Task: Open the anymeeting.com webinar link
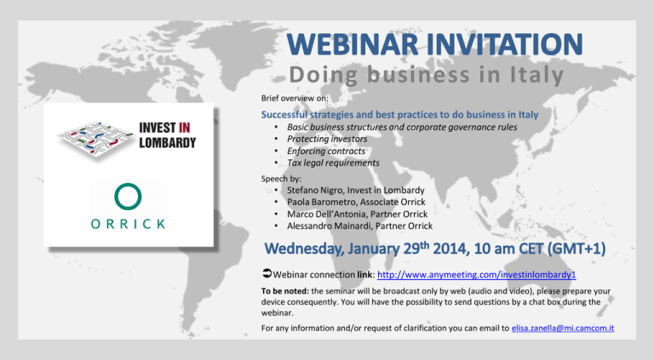click(476, 275)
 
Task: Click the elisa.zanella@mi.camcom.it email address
click(563, 328)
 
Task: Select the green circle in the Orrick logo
click(128, 197)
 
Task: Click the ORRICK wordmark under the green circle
click(128, 224)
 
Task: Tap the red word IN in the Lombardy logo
click(184, 128)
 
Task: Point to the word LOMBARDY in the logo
click(167, 143)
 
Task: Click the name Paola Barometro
click(321, 202)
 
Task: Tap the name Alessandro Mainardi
click(324, 226)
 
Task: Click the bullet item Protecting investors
click(327, 139)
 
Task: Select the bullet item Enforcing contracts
click(326, 151)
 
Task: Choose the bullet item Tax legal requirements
click(333, 163)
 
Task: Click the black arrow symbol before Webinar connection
click(267, 273)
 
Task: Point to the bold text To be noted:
click(285, 291)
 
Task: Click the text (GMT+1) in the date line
click(577, 249)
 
